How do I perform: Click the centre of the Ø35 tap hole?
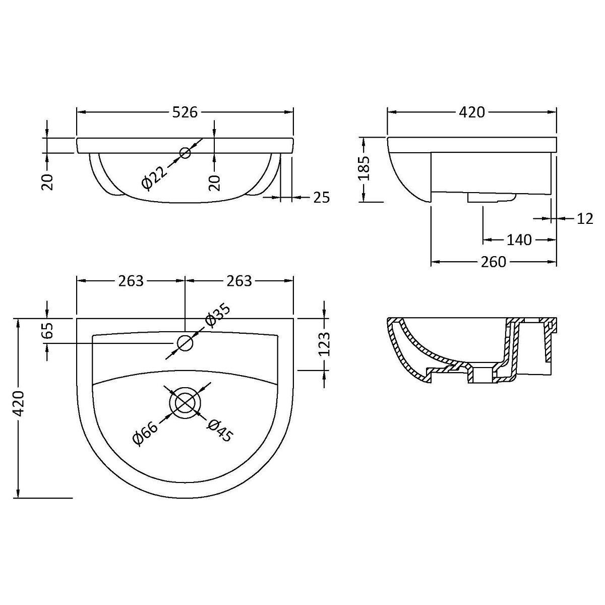click(x=185, y=343)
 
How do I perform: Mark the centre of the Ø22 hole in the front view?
click(x=185, y=153)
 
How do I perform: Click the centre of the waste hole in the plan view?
click(x=185, y=404)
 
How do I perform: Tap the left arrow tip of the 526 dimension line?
click(x=77, y=112)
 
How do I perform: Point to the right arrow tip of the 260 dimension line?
click(x=556, y=261)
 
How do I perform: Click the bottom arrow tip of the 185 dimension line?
click(x=364, y=202)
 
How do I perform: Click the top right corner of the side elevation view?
click(x=556, y=137)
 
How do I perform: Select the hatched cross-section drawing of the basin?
click(x=471, y=350)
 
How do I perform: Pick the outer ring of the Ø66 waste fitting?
click(x=185, y=404)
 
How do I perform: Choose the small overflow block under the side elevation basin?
click(x=492, y=198)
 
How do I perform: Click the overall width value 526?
click(x=185, y=112)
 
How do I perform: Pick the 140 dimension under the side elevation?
click(x=519, y=240)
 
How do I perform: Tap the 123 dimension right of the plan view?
click(x=324, y=344)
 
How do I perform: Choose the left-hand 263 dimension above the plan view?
click(x=131, y=281)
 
